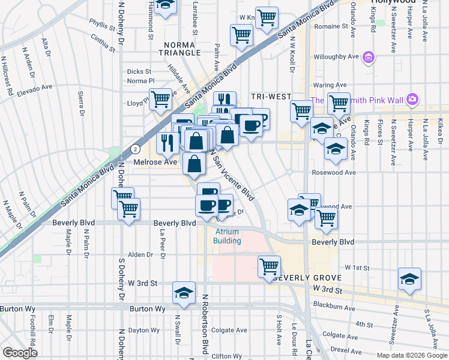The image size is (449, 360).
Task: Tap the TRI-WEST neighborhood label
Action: click(271, 97)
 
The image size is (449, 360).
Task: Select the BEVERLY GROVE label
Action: click(307, 278)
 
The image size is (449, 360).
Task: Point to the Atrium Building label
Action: click(227, 236)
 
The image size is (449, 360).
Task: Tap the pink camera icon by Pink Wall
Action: click(412, 98)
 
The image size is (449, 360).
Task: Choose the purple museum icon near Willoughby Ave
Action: click(369, 58)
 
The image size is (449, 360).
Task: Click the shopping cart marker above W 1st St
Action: click(270, 265)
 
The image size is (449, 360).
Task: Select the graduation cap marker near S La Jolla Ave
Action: click(409, 279)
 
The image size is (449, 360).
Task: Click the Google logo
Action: click(20, 353)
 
